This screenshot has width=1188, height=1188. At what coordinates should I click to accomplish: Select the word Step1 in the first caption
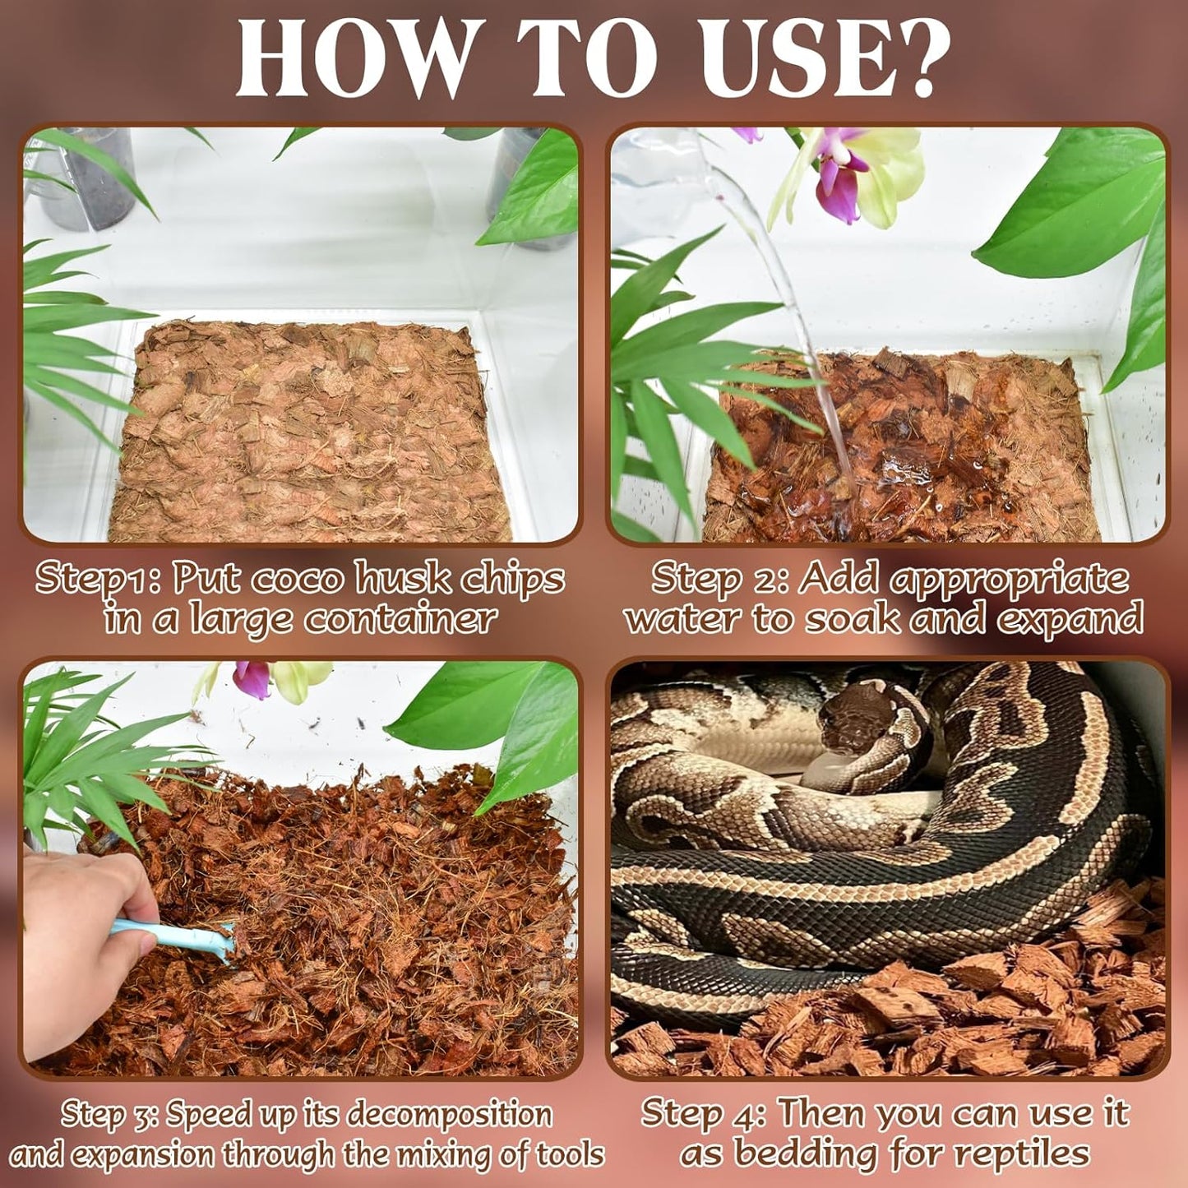click(95, 580)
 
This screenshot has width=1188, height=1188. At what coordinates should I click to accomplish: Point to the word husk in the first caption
click(403, 580)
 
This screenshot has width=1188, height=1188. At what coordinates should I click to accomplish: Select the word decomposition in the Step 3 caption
click(450, 1115)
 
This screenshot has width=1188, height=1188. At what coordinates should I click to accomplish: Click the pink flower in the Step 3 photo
click(252, 679)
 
